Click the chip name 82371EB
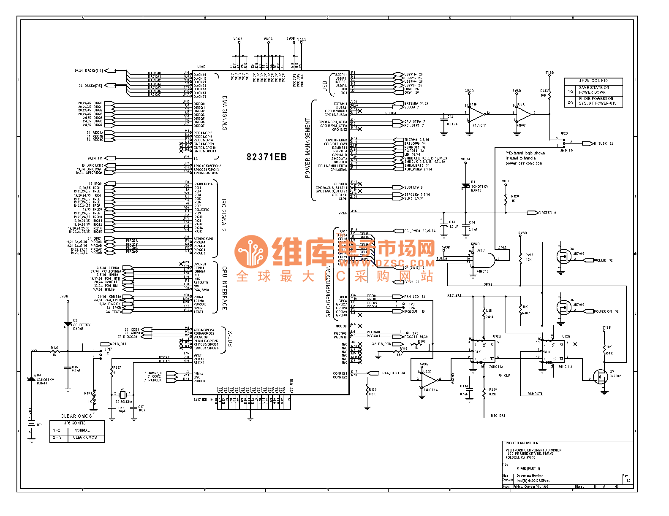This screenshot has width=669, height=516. (x=267, y=157)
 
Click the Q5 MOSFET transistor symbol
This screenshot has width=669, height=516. (x=600, y=376)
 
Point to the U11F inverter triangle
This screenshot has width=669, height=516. (x=477, y=113)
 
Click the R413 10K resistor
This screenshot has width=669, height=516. (x=549, y=92)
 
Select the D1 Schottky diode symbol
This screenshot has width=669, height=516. (x=465, y=186)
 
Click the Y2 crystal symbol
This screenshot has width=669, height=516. (x=122, y=394)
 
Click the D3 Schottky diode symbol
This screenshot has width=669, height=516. (x=31, y=378)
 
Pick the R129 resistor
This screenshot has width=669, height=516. (x=55, y=351)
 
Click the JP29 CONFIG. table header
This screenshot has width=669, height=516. (x=593, y=81)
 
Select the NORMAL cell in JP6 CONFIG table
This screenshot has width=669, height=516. (x=82, y=430)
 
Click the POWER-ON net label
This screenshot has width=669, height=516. (x=602, y=311)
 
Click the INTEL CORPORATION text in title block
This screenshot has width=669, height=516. (x=522, y=443)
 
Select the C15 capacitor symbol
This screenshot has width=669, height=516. (x=68, y=368)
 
